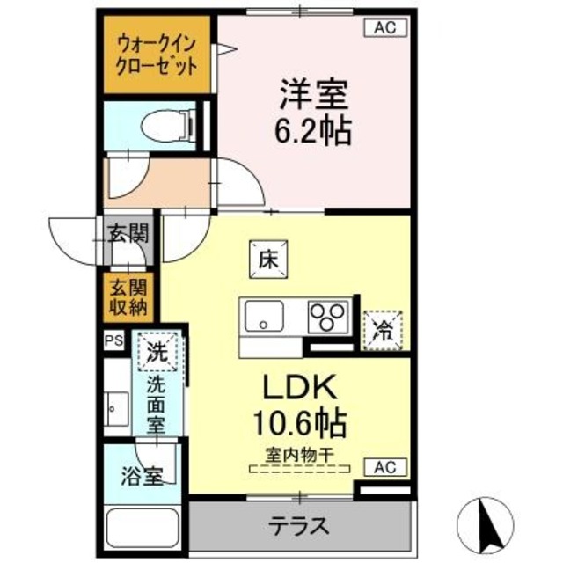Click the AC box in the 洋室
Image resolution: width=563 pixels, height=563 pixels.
[x=384, y=28]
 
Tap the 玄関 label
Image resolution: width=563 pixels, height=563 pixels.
[x=128, y=234]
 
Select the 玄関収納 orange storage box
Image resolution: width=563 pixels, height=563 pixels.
[x=128, y=296]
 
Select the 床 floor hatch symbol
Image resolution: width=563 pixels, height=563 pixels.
[x=267, y=260]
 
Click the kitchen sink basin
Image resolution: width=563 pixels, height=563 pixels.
[x=264, y=315]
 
